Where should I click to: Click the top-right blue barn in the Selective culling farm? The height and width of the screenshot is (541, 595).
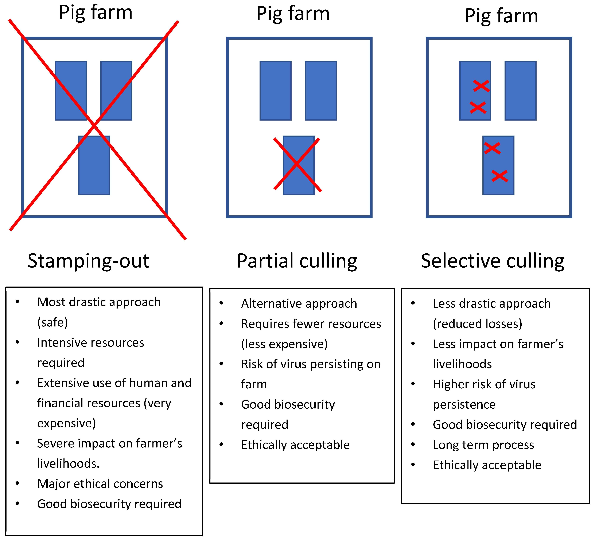click(x=520, y=90)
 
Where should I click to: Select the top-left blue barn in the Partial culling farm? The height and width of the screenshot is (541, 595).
click(x=275, y=90)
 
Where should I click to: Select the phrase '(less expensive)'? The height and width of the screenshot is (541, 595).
click(x=284, y=344)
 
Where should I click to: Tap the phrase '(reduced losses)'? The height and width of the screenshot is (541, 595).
click(x=477, y=324)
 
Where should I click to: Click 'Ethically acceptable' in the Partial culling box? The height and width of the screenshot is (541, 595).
click(x=295, y=445)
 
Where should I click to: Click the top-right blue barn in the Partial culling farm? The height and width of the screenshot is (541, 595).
click(x=321, y=90)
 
